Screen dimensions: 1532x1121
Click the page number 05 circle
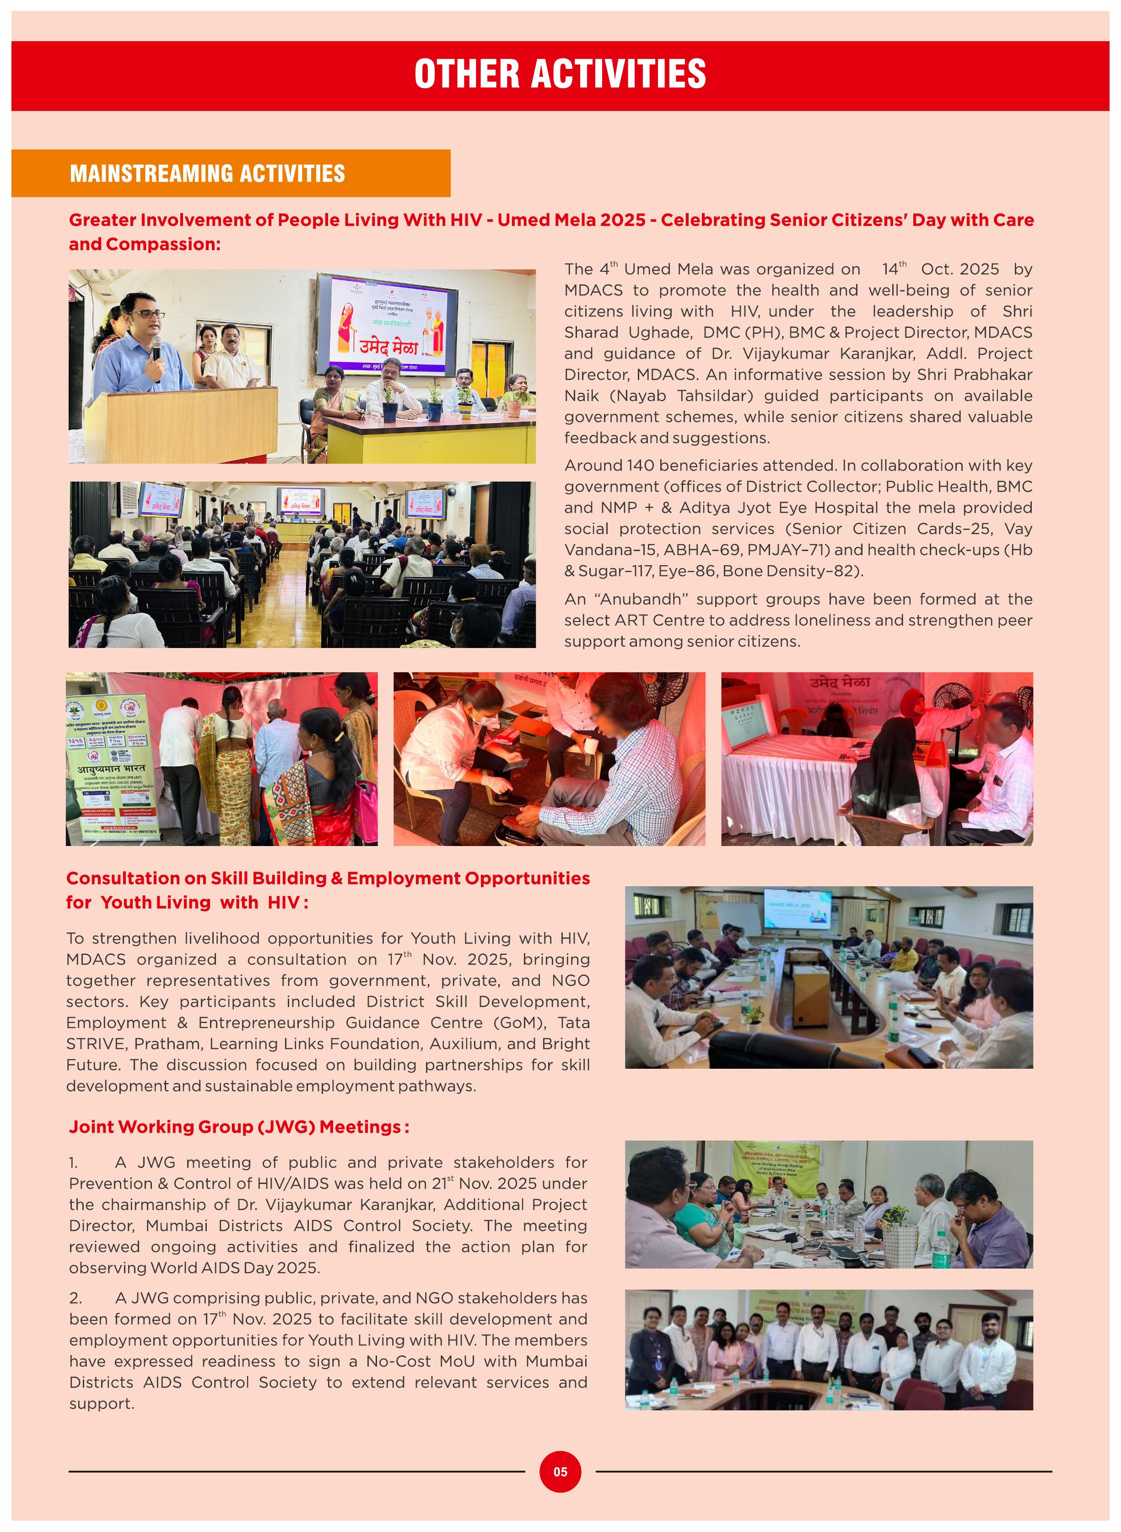coord(560,1472)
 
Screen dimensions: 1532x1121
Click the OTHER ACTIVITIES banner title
coord(560,74)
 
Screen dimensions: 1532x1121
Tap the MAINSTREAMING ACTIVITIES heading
coord(207,174)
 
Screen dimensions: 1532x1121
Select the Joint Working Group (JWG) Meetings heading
coord(238,1126)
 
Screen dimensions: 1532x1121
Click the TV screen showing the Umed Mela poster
coord(387,325)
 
